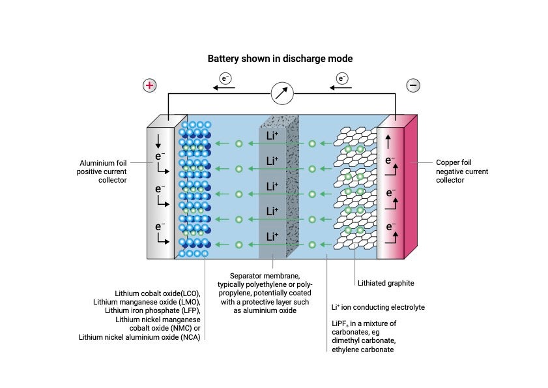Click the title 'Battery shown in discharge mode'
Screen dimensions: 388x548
[280, 59]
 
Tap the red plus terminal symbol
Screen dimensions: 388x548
[150, 85]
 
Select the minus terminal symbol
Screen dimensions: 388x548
[412, 85]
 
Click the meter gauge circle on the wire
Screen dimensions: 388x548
[282, 93]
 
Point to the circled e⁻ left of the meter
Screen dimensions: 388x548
[225, 79]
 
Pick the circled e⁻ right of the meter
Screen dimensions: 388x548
[342, 79]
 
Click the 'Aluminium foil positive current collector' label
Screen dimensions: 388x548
[103, 171]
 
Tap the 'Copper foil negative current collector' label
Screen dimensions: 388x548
[462, 171]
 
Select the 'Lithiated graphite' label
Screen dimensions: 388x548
[386, 283]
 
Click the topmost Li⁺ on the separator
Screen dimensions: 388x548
[272, 136]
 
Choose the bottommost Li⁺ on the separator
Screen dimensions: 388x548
[272, 236]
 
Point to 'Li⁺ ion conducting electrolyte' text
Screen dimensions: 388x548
[378, 306]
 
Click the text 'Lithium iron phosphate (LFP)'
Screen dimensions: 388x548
[154, 310]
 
